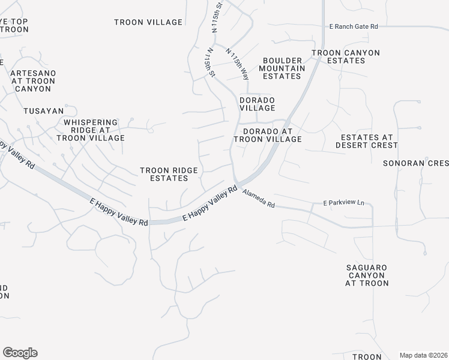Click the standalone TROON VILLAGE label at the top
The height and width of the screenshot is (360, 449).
tap(148, 22)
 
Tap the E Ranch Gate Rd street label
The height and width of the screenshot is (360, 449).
tap(354, 26)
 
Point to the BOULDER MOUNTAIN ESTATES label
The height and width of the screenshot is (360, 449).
tap(282, 68)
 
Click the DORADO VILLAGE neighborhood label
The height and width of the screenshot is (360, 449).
tap(257, 104)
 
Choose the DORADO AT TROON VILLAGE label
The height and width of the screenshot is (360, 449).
tap(267, 135)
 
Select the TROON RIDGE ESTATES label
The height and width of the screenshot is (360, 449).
tap(169, 174)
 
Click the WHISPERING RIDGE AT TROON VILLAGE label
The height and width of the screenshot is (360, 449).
tap(90, 130)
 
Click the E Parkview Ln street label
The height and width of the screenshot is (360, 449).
tap(344, 203)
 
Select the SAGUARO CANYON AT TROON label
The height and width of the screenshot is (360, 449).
tap(367, 275)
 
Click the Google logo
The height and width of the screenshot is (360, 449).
tap(20, 352)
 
